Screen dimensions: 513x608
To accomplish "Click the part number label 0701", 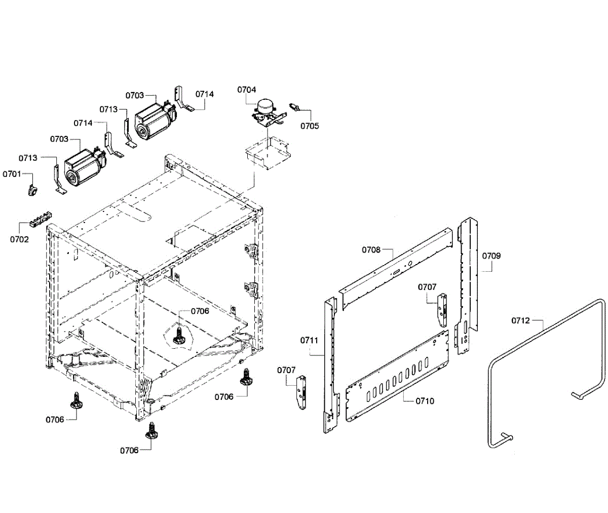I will (11, 174).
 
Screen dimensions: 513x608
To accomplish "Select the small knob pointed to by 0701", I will (32, 190).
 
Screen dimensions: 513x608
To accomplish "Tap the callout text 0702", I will (20, 239).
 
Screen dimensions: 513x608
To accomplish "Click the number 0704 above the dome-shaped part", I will (247, 90).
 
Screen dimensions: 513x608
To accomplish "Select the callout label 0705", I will (310, 126).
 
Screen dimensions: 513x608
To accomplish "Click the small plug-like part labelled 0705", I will (295, 106).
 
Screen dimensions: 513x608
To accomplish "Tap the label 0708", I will (371, 249).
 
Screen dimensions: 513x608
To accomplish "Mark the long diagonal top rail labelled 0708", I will (395, 269).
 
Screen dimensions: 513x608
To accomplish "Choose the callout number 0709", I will (491, 256).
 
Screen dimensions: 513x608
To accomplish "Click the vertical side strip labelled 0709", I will (468, 284).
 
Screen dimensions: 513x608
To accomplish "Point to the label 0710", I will (425, 401).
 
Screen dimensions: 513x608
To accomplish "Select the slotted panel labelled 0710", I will (398, 375).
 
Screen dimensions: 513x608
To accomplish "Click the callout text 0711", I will (309, 340).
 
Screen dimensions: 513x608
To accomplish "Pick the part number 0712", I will (520, 320).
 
